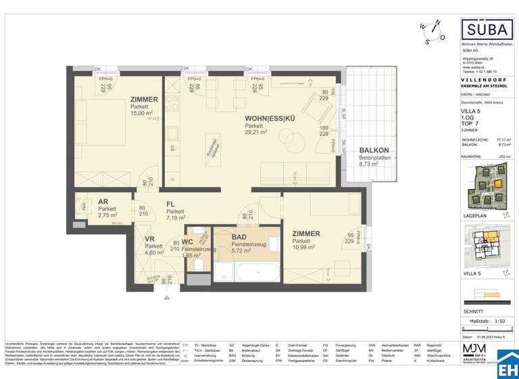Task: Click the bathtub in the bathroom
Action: (256, 273)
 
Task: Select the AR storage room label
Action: (103, 202)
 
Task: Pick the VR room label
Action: (149, 238)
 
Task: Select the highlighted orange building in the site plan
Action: (496, 183)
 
